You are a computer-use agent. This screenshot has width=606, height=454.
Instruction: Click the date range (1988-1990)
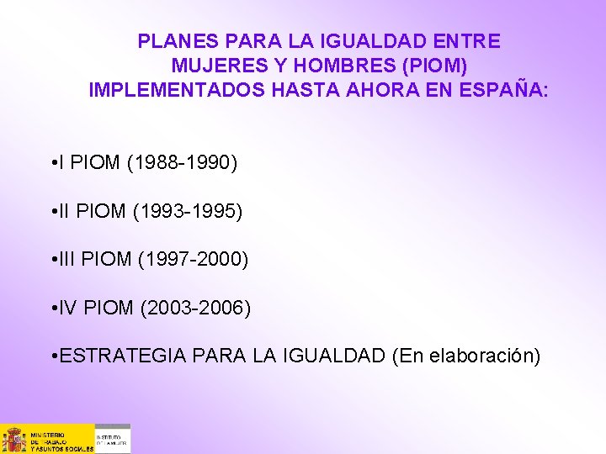(182, 162)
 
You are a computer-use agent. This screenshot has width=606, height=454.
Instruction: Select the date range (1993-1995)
(188, 211)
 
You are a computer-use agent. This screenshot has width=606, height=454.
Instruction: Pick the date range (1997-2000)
(194, 260)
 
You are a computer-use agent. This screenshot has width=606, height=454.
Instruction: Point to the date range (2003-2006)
(195, 309)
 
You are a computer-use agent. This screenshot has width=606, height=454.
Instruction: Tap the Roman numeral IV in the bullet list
(68, 309)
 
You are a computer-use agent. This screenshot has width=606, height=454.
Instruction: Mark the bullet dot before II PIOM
(53, 211)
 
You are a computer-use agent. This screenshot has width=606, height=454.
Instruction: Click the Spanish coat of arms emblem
(14, 439)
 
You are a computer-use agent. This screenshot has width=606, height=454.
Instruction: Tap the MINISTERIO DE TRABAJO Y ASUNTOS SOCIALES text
(61, 439)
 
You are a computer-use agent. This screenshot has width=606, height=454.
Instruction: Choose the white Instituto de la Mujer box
(113, 439)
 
